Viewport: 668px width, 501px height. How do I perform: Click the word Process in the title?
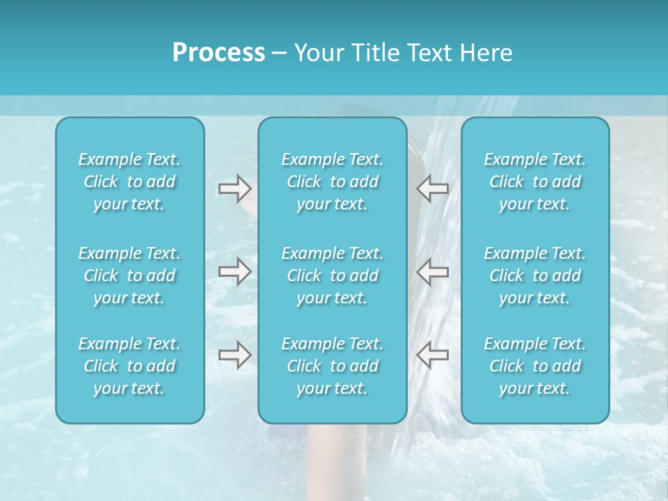pos(218,53)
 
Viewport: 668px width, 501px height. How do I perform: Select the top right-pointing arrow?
pos(234,188)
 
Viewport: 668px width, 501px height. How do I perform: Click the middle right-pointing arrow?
pos(234,271)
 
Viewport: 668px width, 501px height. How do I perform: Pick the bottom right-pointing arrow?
pos(234,355)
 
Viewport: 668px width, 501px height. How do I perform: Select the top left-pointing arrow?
pos(433,188)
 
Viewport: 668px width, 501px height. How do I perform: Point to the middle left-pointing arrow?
pos(433,271)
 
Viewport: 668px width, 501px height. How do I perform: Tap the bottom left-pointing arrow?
pos(433,355)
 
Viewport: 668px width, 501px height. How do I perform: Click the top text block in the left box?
pos(129,182)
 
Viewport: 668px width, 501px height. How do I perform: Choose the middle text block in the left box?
pos(129,276)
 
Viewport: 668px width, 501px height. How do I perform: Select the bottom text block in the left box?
pos(129,366)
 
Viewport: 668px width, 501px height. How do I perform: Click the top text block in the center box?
pos(333,182)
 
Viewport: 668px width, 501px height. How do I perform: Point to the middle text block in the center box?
pos(333,276)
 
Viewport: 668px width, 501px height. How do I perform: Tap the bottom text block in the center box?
pos(333,366)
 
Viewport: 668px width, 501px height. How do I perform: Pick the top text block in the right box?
pos(535,182)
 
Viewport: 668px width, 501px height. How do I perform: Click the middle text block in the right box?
pos(535,276)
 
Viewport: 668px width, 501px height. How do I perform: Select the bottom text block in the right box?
pos(535,366)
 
